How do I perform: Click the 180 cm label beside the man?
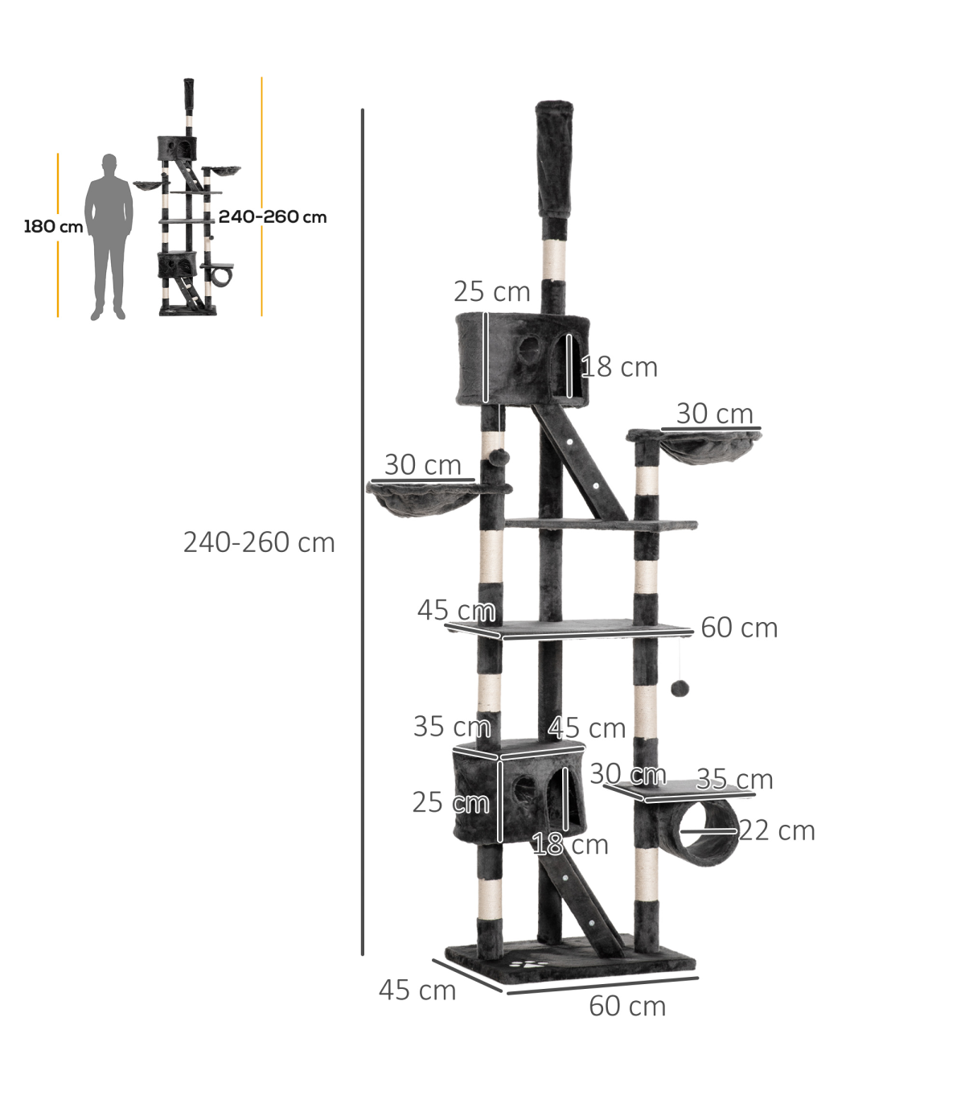click(53, 227)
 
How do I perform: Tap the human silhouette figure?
click(109, 237)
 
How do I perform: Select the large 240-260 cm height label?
click(259, 542)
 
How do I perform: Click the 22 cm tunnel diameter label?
click(776, 830)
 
